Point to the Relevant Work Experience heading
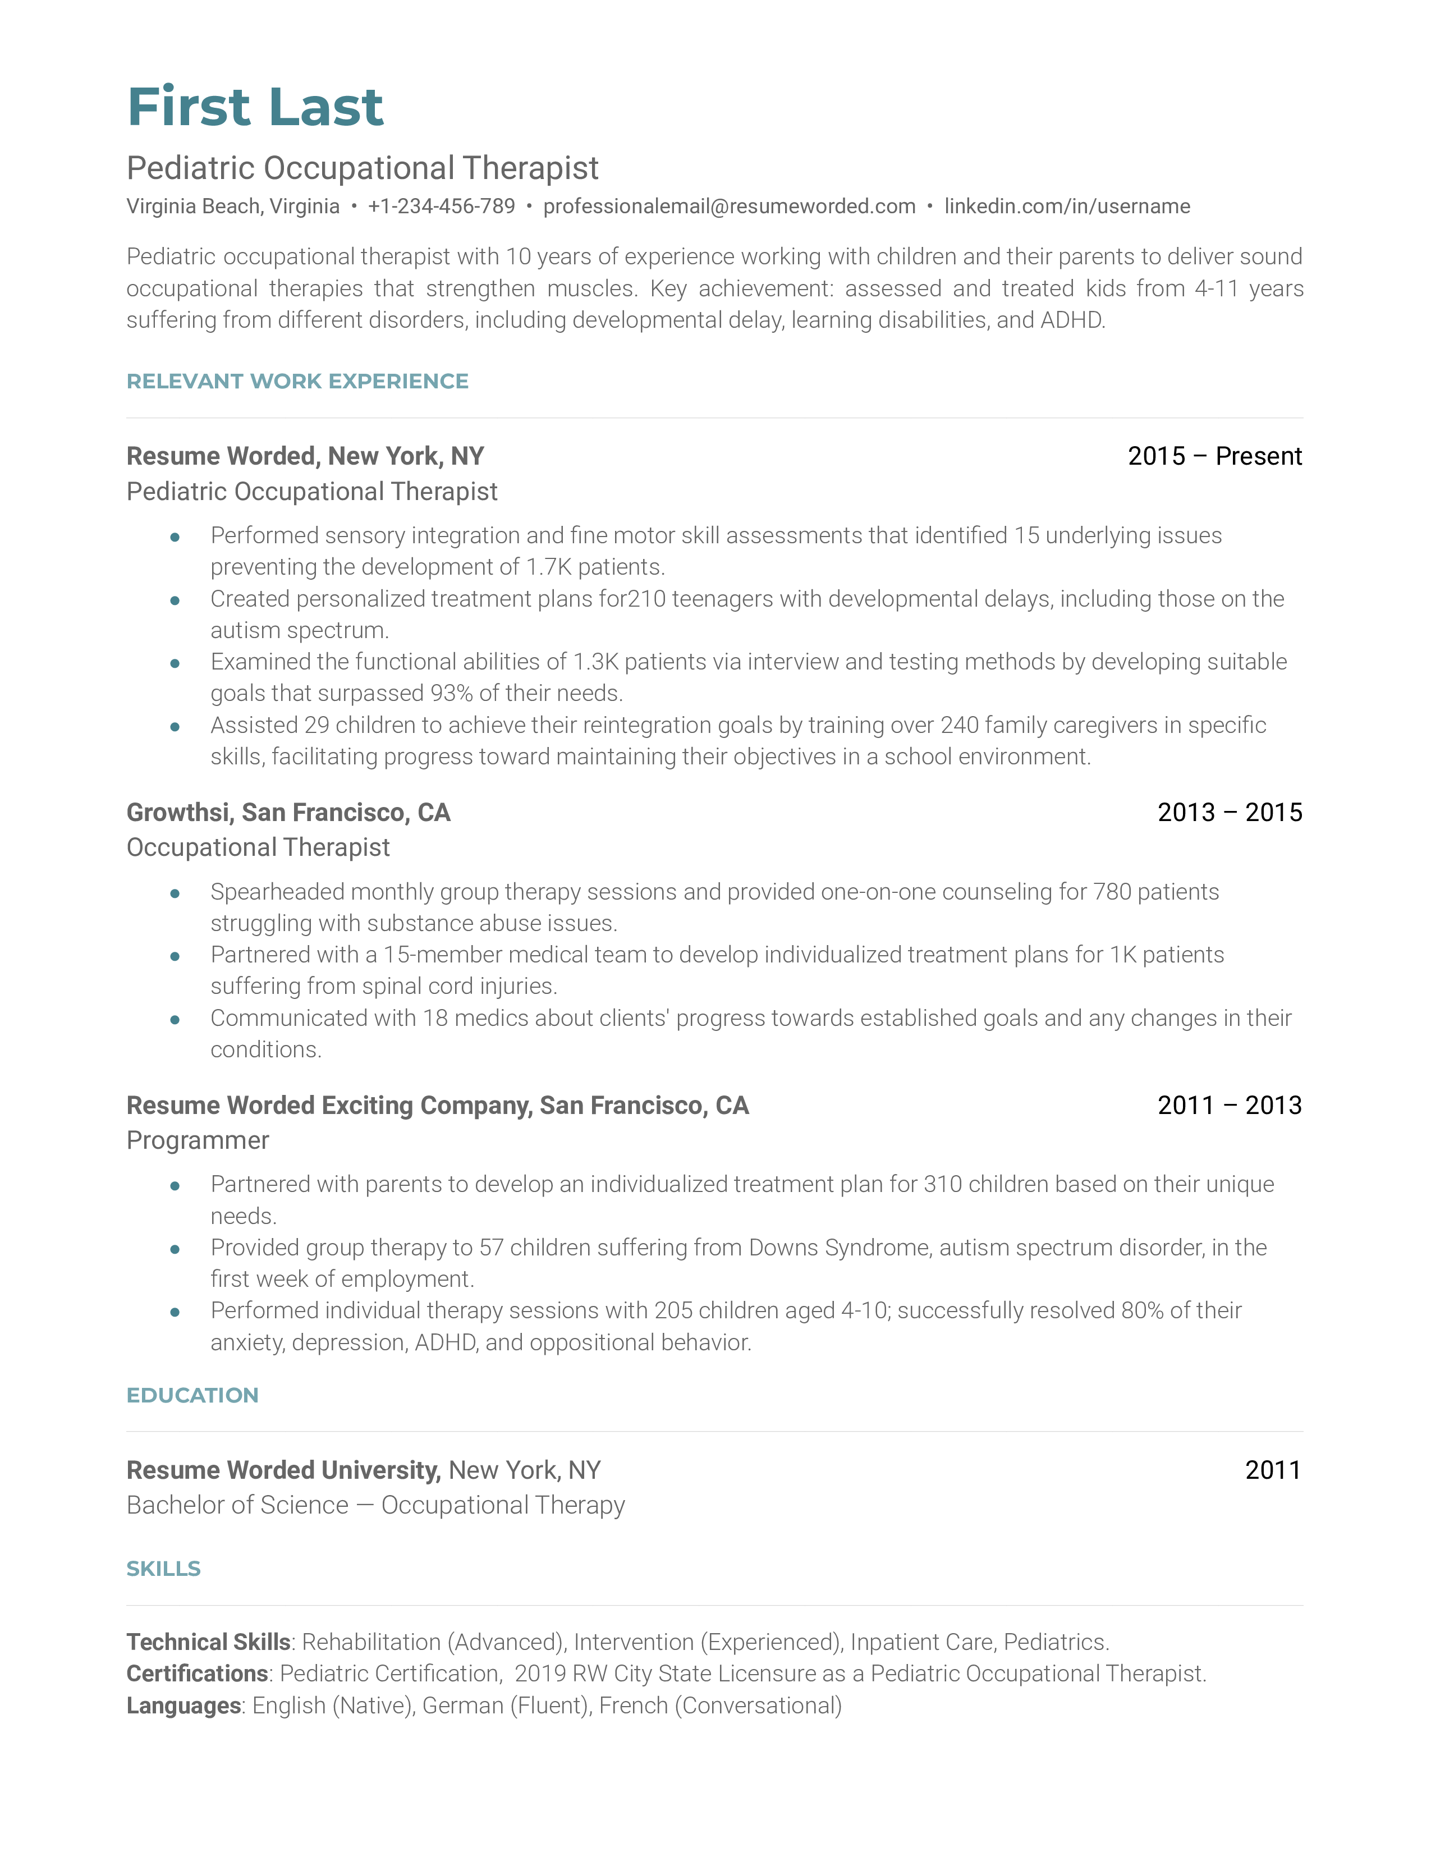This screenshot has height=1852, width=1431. pos(297,382)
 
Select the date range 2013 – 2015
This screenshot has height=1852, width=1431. pos(1229,813)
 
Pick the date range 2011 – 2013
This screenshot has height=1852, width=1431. pos(1229,1105)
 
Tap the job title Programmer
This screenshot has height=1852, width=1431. pos(198,1140)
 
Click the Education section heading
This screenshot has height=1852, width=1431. pos(192,1395)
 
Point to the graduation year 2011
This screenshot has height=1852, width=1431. pos(1273,1470)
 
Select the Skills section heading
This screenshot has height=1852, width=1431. pos(164,1569)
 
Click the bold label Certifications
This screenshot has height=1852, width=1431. pos(196,1673)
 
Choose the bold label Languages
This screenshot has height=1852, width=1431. pos(183,1706)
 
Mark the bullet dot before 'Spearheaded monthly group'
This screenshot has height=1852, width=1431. pos(175,893)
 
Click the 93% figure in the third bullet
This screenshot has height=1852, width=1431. pos(451,694)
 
